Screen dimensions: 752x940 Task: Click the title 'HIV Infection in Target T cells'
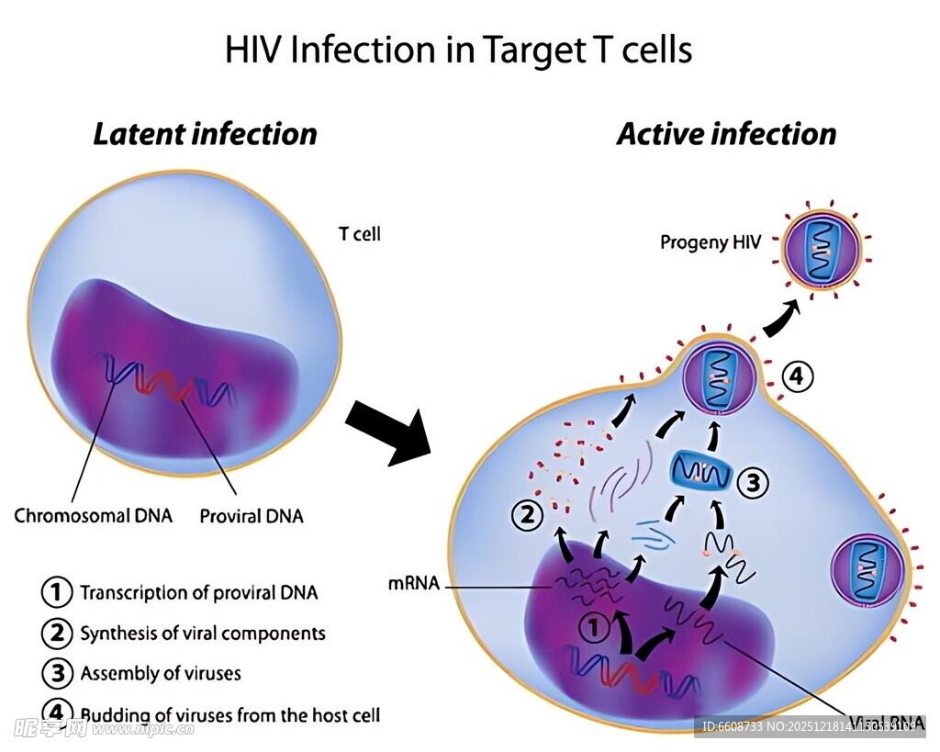(x=458, y=50)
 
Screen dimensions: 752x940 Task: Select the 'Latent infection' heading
(x=205, y=134)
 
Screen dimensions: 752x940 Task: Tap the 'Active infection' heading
(x=726, y=134)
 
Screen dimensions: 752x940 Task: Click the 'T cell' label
(x=360, y=234)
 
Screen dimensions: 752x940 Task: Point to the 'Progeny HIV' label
(x=711, y=243)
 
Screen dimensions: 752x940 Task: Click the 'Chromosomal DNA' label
(x=93, y=515)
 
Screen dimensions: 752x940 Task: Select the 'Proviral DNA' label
(x=252, y=516)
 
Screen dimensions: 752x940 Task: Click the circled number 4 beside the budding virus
(x=797, y=376)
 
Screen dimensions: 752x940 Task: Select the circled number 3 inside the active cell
(x=752, y=482)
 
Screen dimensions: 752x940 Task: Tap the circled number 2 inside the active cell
(x=528, y=516)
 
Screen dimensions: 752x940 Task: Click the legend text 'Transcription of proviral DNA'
(x=198, y=592)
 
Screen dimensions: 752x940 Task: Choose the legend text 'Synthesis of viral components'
(x=202, y=633)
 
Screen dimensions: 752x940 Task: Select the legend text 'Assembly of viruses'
(x=160, y=673)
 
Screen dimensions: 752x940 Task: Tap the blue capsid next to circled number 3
(x=700, y=472)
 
